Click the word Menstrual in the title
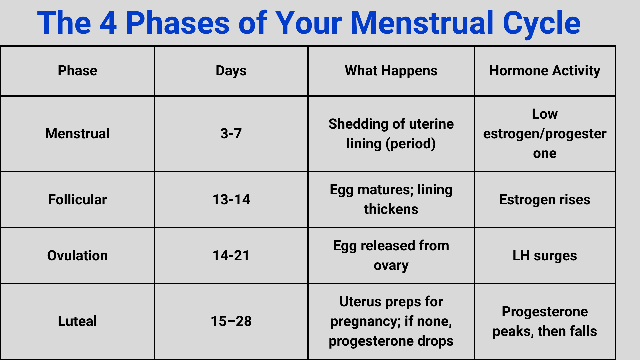[422, 23]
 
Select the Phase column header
[77, 71]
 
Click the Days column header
[231, 71]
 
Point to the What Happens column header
[391, 71]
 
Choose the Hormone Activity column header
[545, 71]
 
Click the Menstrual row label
[77, 134]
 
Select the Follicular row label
[77, 200]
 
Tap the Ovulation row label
[77, 256]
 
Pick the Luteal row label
[77, 321]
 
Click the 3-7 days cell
[231, 134]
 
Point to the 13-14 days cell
[231, 200]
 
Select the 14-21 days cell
[231, 256]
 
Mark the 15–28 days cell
[231, 321]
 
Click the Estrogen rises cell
[545, 200]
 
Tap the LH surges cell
[545, 256]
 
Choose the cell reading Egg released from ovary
[391, 256]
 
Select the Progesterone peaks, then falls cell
[545, 321]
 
